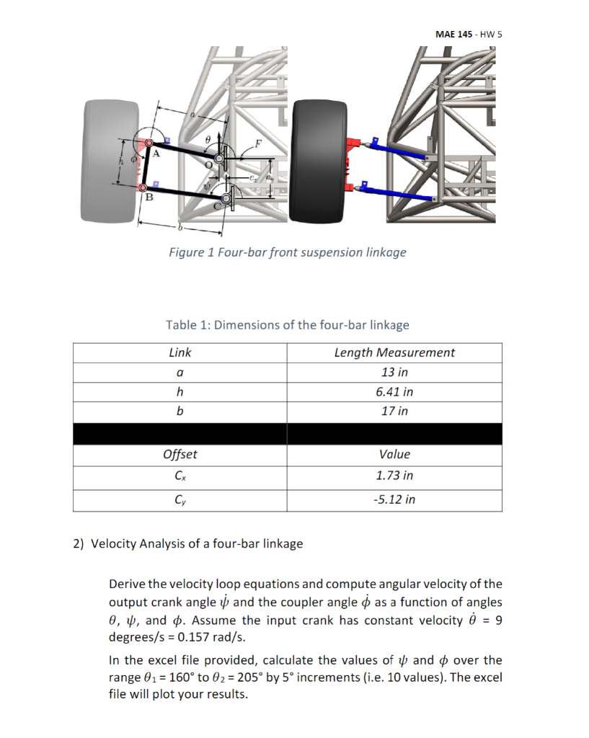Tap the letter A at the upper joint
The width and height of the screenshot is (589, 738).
(155, 153)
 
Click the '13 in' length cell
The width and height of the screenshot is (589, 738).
(394, 373)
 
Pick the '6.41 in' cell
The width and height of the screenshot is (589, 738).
(394, 392)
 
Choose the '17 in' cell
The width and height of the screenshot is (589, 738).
(394, 411)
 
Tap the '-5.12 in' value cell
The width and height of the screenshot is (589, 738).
(394, 499)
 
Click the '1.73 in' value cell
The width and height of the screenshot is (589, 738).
(394, 476)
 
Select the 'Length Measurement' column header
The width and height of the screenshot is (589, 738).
(394, 352)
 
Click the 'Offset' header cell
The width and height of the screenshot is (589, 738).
(180, 455)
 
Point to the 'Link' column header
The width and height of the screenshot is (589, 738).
(180, 352)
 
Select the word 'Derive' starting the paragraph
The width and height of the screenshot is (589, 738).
(127, 583)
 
